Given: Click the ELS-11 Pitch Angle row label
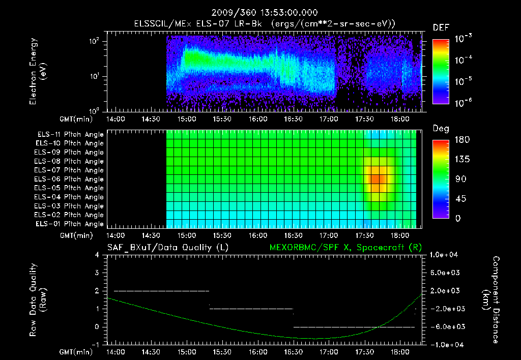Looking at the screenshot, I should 70,135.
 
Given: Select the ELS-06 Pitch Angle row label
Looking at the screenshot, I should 70,179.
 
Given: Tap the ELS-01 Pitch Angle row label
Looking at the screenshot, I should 70,224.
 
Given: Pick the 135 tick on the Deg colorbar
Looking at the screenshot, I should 461,159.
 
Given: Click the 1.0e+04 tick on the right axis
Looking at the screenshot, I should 445,255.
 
